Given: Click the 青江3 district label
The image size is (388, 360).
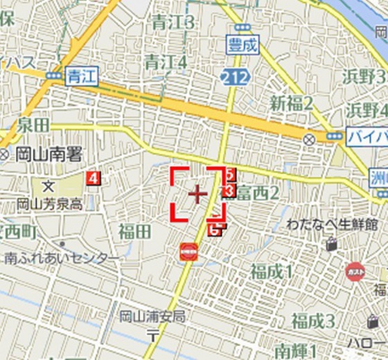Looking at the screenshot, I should pyautogui.click(x=170, y=23).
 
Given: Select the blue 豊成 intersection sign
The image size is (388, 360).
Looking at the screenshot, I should pyautogui.click(x=242, y=46).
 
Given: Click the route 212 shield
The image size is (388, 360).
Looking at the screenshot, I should pyautogui.click(x=234, y=78).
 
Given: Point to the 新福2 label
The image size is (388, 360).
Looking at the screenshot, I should pyautogui.click(x=292, y=103).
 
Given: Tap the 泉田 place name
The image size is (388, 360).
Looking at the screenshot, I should pyautogui.click(x=33, y=125).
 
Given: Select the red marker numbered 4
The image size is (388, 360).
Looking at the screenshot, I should pyautogui.click(x=93, y=179).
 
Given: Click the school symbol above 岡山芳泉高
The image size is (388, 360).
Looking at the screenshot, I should pyautogui.click(x=48, y=186).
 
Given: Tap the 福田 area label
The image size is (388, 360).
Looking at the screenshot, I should pyautogui.click(x=134, y=231).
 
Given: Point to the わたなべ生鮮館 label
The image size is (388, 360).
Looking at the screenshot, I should pyautogui.click(x=333, y=225).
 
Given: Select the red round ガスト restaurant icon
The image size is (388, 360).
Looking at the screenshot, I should pyautogui.click(x=355, y=271).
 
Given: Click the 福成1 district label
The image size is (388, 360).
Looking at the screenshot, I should pyautogui.click(x=272, y=271).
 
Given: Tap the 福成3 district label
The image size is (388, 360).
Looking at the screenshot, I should pyautogui.click(x=312, y=321).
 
